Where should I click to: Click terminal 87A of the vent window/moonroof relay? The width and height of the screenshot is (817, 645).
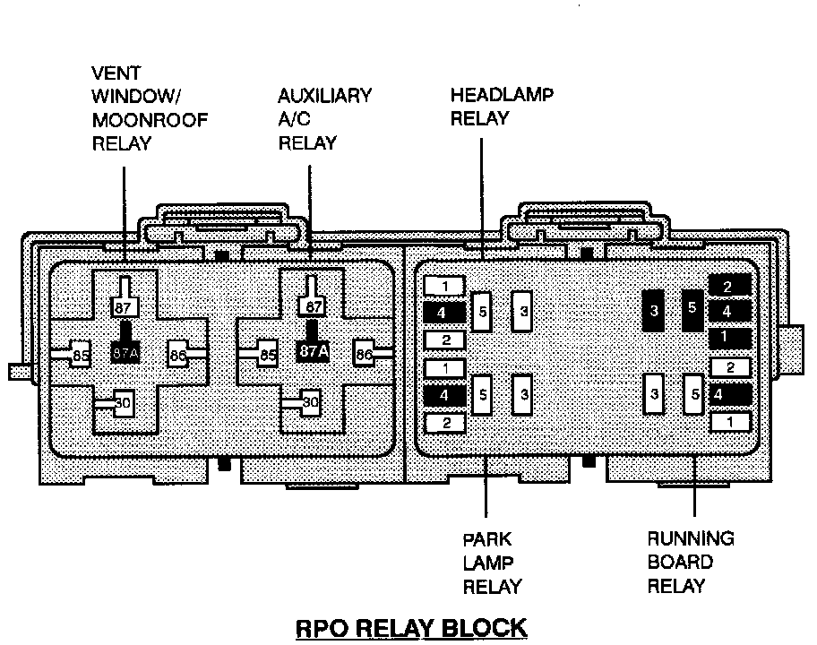click(x=125, y=352)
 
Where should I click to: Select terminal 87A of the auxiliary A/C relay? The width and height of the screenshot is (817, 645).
click(x=312, y=352)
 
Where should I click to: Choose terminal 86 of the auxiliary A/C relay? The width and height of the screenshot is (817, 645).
click(x=363, y=355)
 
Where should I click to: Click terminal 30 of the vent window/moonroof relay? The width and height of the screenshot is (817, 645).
click(x=124, y=403)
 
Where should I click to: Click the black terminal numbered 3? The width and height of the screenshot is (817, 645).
click(x=655, y=310)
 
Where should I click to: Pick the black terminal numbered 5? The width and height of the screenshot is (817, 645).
click(x=692, y=307)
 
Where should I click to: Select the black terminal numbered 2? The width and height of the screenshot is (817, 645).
click(x=728, y=286)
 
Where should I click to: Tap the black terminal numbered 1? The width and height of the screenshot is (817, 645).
click(x=728, y=338)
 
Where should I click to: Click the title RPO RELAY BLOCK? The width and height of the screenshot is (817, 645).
click(x=411, y=626)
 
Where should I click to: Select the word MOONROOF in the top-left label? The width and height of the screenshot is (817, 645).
click(x=150, y=121)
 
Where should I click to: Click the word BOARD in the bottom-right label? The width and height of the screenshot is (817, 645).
click(x=681, y=563)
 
